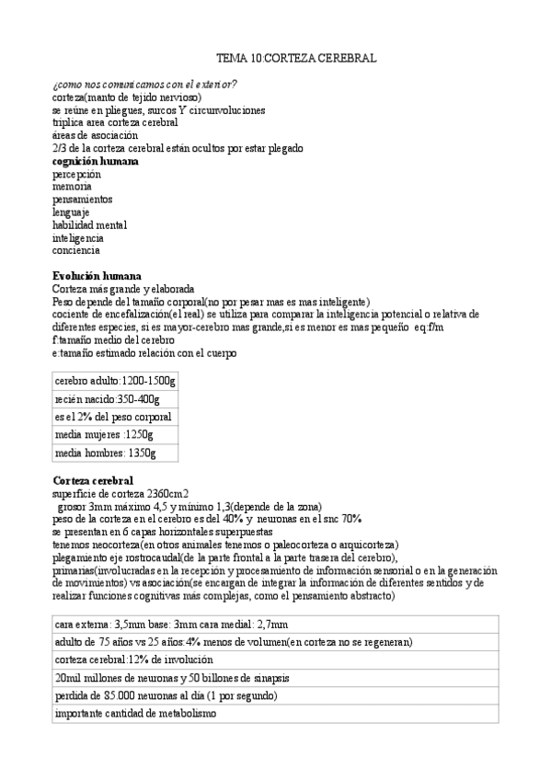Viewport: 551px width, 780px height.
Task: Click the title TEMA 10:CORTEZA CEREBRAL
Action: pyautogui.click(x=302, y=57)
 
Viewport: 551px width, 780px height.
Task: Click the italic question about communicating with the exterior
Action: pyautogui.click(x=144, y=85)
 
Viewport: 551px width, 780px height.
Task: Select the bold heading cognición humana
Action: pyautogui.click(x=96, y=161)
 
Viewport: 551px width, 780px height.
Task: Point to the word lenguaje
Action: pyautogui.click(x=71, y=212)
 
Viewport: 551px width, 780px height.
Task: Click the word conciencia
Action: pyautogui.click(x=76, y=250)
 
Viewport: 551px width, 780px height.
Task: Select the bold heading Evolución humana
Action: pyautogui.click(x=97, y=276)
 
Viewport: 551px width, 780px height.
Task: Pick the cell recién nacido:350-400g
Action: pyautogui.click(x=107, y=399)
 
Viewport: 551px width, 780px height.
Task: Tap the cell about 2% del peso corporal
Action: pyautogui.click(x=113, y=417)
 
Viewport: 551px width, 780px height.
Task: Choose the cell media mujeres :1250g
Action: pyautogui.click(x=104, y=434)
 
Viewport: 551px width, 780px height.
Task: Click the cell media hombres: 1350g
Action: pyautogui.click(x=105, y=453)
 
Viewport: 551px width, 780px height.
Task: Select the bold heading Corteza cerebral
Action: pyautogui.click(x=93, y=480)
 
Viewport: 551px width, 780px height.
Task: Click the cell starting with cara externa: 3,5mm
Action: pyautogui.click(x=170, y=624)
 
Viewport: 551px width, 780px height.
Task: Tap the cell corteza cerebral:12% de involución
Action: pyautogui.click(x=133, y=660)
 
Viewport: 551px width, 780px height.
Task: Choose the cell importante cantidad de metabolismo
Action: pyautogui.click(x=134, y=714)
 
